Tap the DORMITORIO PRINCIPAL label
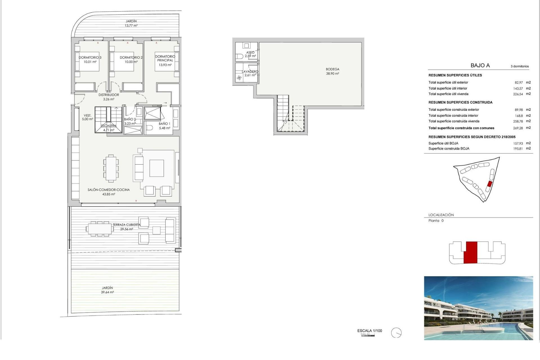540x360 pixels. point(165,58)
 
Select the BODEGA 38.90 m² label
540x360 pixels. point(332,71)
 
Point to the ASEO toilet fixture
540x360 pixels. point(239,56)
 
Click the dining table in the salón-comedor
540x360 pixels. point(111,168)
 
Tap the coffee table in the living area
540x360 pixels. point(157,168)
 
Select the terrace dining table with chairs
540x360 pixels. point(100,228)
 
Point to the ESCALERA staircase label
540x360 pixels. point(109,126)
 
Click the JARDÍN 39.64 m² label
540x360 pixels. point(107,290)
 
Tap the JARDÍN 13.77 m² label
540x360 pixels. point(131,23)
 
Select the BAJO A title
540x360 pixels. point(480,66)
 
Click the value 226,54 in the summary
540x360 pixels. point(518,94)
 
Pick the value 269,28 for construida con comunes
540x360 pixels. point(518,128)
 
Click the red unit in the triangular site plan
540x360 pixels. point(489,184)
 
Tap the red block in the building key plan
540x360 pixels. point(470,252)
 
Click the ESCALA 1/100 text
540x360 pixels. point(370,331)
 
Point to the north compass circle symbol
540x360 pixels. point(396,333)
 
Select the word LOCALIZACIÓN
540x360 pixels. point(441,215)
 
